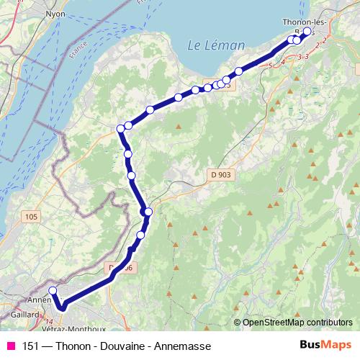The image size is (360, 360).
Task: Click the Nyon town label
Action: (55, 14)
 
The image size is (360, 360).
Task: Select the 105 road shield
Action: (30, 216)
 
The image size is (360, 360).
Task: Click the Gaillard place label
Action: (26, 314)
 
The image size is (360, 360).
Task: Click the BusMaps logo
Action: (321, 346)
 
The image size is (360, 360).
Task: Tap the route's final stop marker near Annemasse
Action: (52, 291)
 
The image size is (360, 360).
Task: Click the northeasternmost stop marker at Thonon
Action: (307, 32)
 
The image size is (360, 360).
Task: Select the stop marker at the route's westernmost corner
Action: (121, 129)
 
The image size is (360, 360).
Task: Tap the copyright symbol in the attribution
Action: (238, 323)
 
